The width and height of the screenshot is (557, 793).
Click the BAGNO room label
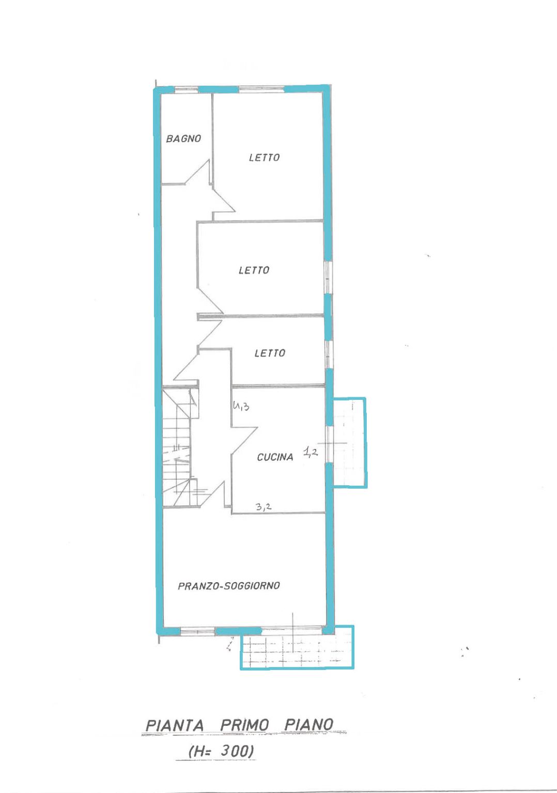pyautogui.click(x=183, y=138)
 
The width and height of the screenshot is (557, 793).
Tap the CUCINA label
pyautogui.click(x=275, y=457)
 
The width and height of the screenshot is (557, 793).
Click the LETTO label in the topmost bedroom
pyautogui.click(x=264, y=158)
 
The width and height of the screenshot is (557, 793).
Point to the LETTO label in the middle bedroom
pyautogui.click(x=254, y=270)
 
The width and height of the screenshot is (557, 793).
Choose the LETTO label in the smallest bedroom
pyautogui.click(x=270, y=353)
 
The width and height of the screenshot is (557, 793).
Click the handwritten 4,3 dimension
pyautogui.click(x=241, y=406)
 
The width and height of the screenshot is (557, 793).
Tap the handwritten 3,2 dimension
pyautogui.click(x=264, y=507)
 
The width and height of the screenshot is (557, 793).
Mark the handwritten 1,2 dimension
pyautogui.click(x=310, y=452)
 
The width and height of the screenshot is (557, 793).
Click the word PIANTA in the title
pyautogui.click(x=175, y=725)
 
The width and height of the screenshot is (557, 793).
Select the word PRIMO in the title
pyautogui.click(x=245, y=725)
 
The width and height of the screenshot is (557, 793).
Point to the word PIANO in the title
pyautogui.click(x=309, y=725)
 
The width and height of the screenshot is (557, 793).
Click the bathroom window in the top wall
pyautogui.click(x=186, y=89)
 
